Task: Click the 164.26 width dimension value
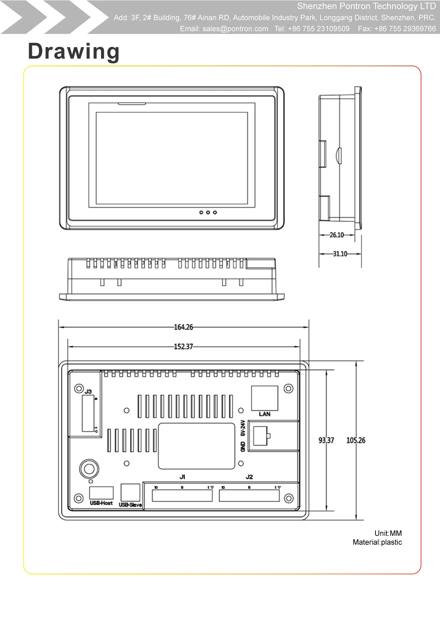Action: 183,327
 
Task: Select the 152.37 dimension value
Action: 183,347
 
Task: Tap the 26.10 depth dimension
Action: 336,235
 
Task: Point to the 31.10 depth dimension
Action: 340,254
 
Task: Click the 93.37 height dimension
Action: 326,440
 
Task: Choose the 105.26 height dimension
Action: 356,440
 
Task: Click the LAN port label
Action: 264,414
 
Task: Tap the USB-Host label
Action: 101,503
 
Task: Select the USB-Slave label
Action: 130,505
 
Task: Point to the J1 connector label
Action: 182,477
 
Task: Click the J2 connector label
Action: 249,477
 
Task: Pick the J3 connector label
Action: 88,392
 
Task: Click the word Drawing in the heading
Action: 74,51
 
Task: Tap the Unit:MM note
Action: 388,533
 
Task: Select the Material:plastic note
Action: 377,542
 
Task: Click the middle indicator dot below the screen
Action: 208,212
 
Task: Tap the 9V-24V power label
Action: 243,428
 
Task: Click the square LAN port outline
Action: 264,398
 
